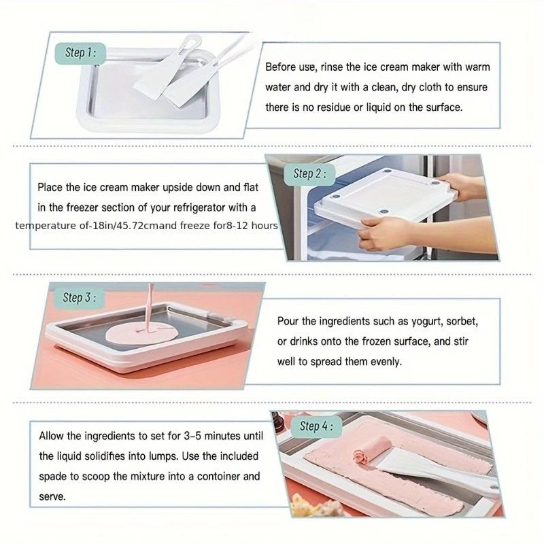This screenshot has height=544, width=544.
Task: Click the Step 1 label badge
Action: (x=80, y=53)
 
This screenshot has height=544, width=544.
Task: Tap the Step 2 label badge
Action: (x=309, y=174)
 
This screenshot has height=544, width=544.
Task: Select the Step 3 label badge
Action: (x=79, y=298)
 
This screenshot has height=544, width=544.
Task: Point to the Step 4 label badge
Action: (x=316, y=426)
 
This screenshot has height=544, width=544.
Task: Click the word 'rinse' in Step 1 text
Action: (x=332, y=67)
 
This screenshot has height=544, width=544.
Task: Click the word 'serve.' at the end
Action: (x=52, y=497)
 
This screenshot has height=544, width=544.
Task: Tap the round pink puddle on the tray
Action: (x=141, y=334)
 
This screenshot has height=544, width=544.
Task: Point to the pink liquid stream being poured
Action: (x=150, y=305)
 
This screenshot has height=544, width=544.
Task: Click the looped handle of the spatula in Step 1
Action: (x=191, y=42)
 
